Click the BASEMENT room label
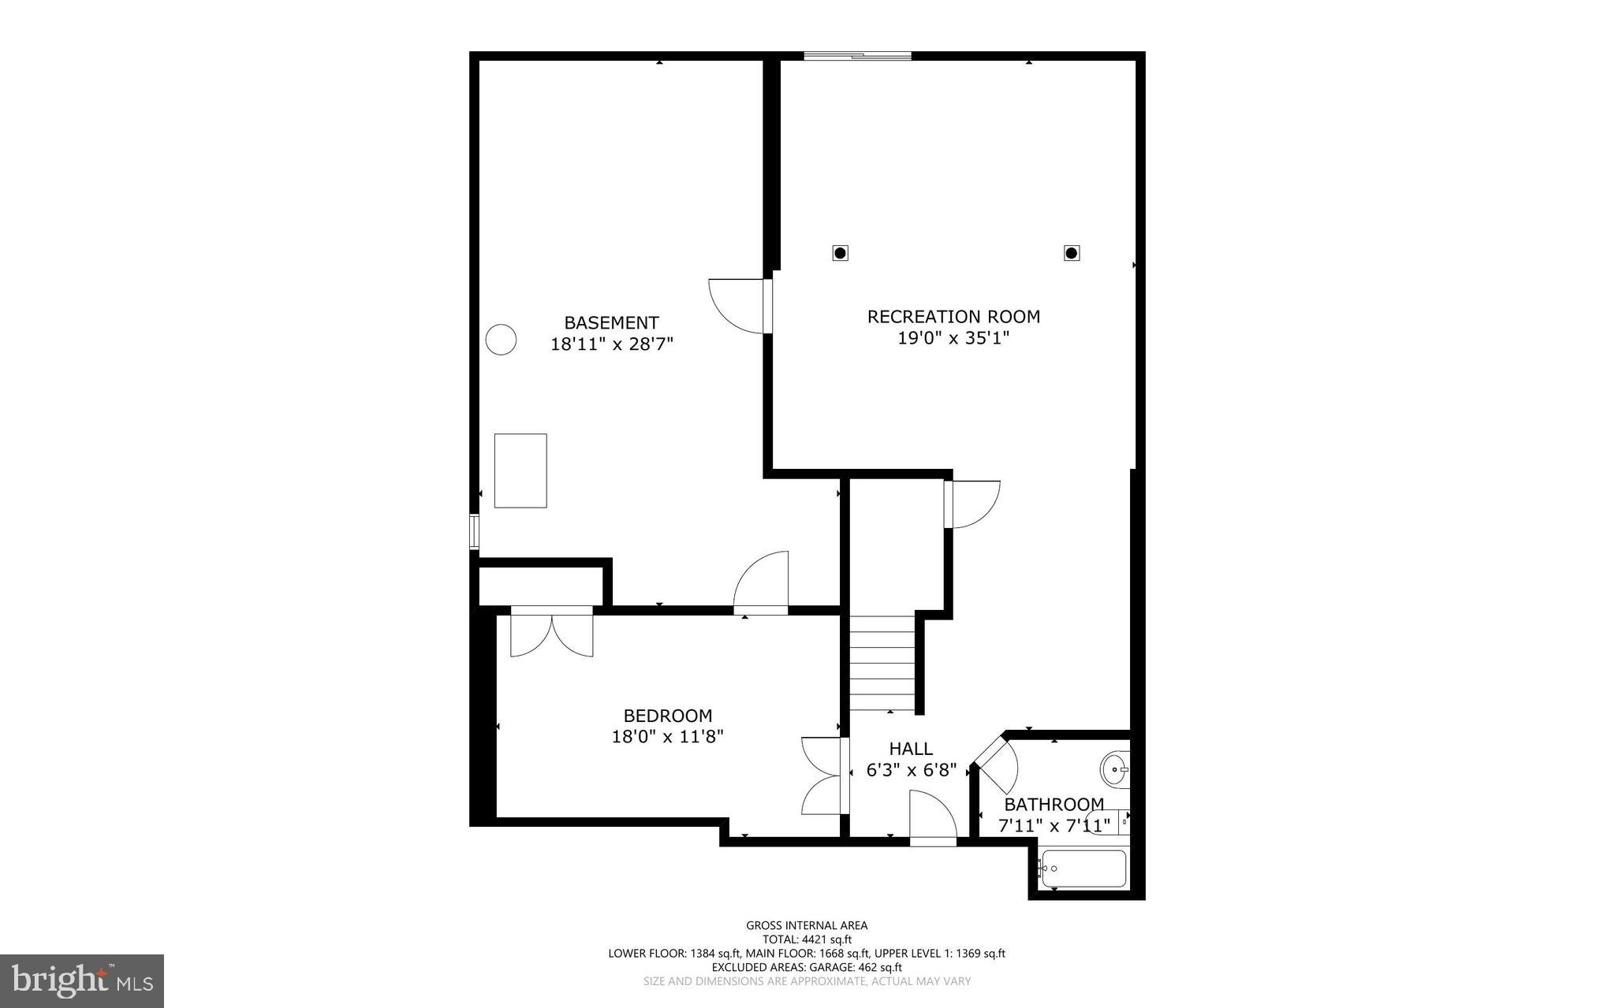(x=611, y=322)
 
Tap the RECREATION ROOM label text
(x=953, y=316)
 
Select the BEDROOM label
(x=667, y=716)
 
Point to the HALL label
(x=911, y=749)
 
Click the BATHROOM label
(x=1054, y=805)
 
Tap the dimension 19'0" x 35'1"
(x=953, y=338)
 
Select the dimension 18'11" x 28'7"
(x=611, y=344)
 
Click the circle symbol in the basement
(x=501, y=340)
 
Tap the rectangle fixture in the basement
(x=520, y=471)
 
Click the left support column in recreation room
(x=841, y=253)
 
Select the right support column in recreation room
(x=1071, y=253)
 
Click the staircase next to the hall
(x=882, y=664)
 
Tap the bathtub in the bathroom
(x=1083, y=869)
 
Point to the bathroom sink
(x=1114, y=768)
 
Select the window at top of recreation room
(x=857, y=56)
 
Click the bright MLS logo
(x=82, y=980)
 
